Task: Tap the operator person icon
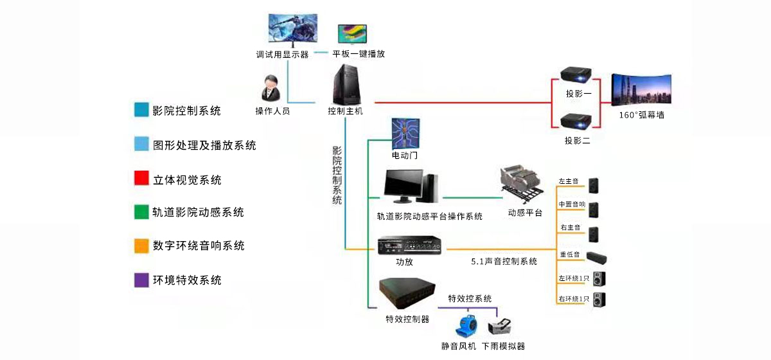(x=272, y=89)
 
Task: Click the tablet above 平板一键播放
(x=352, y=34)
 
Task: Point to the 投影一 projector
(x=576, y=75)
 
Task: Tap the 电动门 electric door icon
(x=406, y=134)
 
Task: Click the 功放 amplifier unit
(x=410, y=246)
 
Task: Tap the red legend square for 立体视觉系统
(x=141, y=178)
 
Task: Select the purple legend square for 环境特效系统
(x=141, y=280)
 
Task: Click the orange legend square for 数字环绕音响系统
(x=141, y=246)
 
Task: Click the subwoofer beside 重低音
(x=596, y=258)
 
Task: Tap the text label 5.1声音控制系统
(x=504, y=262)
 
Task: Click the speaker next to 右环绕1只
(x=599, y=299)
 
